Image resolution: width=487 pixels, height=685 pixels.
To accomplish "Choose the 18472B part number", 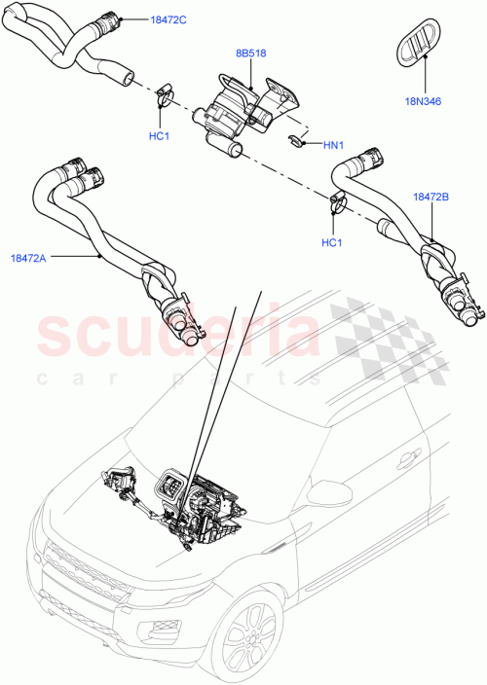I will click(x=430, y=197).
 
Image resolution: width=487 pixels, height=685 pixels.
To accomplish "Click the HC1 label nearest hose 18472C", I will click(x=160, y=135).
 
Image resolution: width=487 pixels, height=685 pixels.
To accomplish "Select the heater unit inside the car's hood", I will click(x=200, y=496).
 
